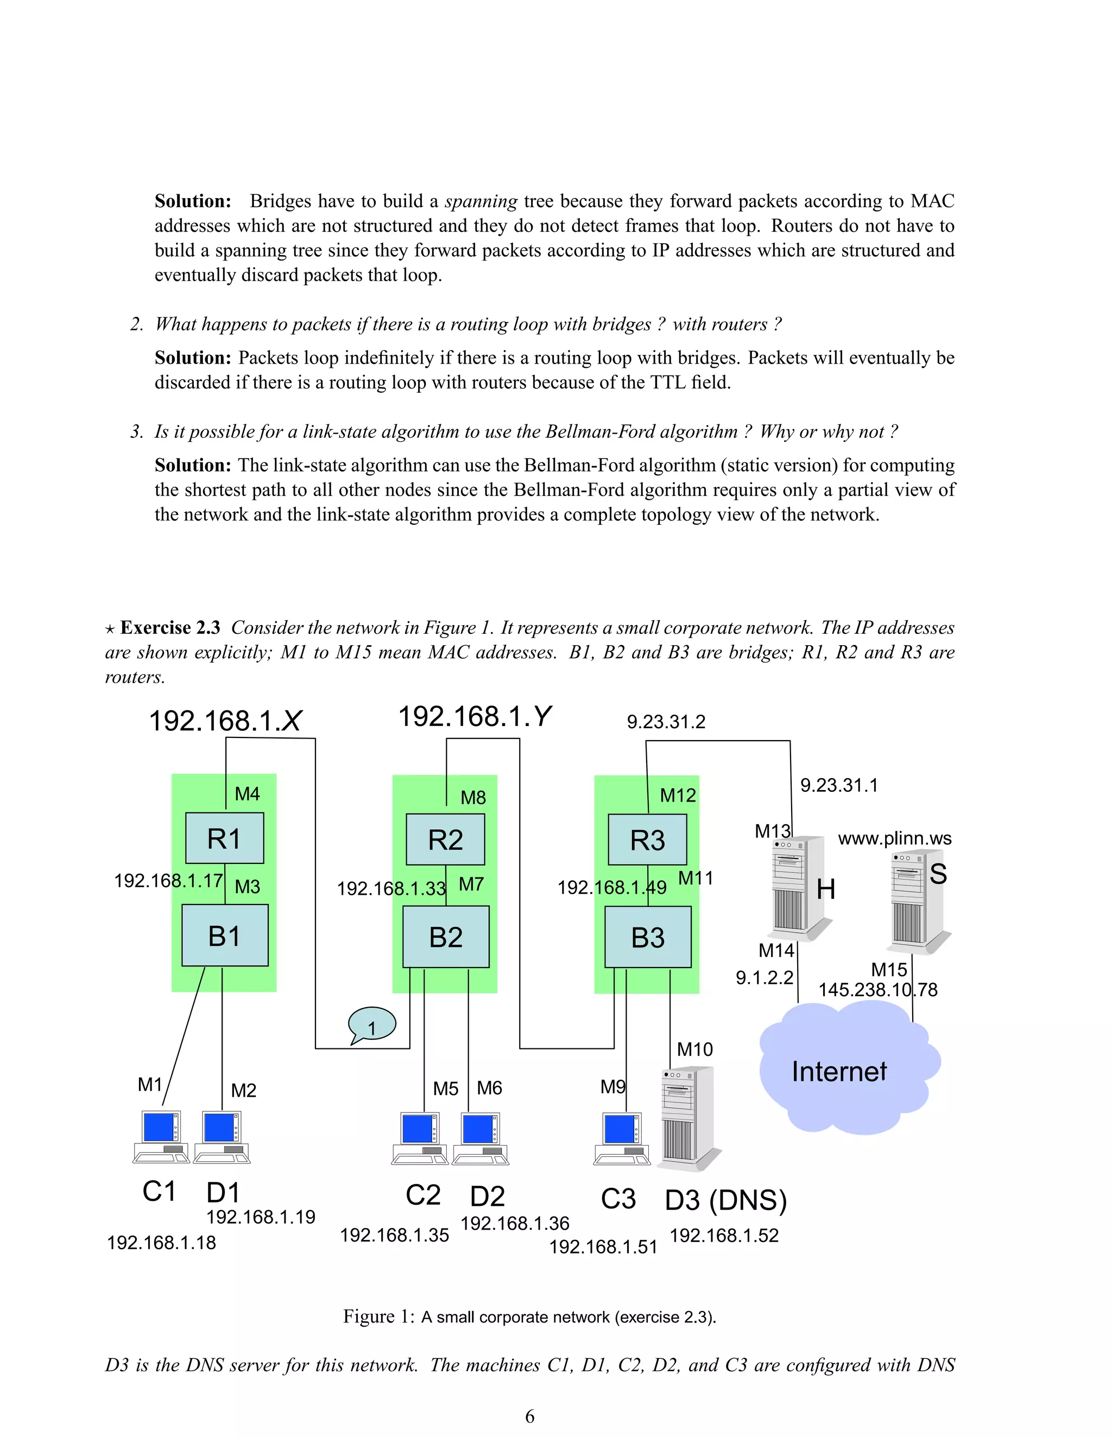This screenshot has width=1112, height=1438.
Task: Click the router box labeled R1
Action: point(225,838)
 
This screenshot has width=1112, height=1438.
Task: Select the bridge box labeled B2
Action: point(446,937)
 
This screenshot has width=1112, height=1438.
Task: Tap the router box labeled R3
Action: point(648,840)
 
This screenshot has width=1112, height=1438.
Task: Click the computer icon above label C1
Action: point(161,1137)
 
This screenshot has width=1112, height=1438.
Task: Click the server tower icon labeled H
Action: point(798,886)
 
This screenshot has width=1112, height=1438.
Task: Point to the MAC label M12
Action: point(678,796)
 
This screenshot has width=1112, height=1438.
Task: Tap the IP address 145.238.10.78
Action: point(877,990)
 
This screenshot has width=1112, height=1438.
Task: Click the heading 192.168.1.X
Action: point(225,721)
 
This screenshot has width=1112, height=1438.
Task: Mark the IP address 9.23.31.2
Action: point(666,722)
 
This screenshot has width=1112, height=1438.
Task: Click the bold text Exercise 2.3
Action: point(170,627)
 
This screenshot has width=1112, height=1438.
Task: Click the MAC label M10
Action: point(695,1049)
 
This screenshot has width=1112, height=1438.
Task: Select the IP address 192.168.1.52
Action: point(724,1236)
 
